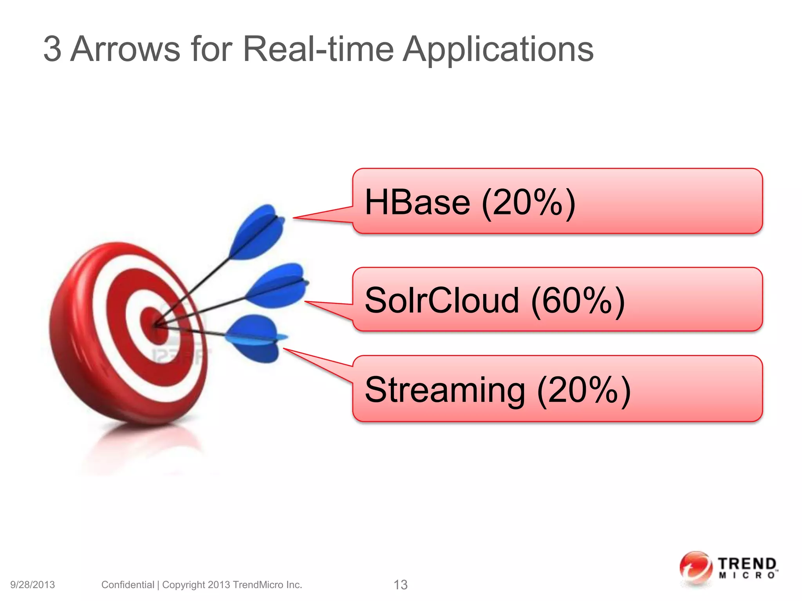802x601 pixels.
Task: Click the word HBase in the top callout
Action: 417,203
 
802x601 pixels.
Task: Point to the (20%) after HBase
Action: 529,203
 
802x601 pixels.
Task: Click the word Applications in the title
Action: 498,49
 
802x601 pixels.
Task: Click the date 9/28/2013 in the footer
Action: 33,585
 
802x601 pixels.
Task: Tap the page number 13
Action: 400,585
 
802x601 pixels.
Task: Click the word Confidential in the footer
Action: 128,585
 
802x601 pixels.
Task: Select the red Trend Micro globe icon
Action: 695,568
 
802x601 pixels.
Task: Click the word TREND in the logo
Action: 747,564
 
